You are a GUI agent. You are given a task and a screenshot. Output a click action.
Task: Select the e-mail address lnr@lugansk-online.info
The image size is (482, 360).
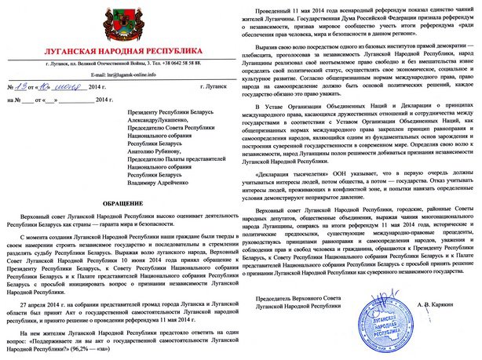click(124, 77)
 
